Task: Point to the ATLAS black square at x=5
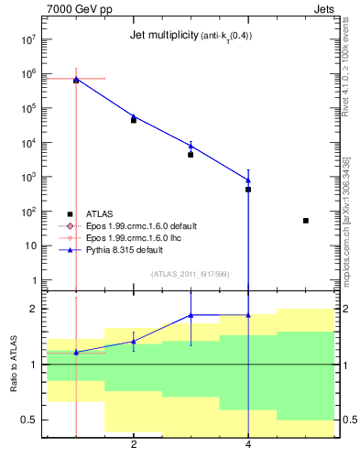pos(306,221)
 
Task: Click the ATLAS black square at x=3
pos(191,155)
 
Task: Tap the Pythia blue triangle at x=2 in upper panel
pos(134,116)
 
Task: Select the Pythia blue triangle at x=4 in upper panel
pos(248,180)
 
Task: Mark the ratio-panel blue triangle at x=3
pos(191,315)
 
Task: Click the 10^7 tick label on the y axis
pos(27,40)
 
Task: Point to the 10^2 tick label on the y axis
pos(27,212)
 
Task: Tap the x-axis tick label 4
pos(248,445)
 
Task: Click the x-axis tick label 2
pos(134,445)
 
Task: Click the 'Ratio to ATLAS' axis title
pos(12,364)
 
